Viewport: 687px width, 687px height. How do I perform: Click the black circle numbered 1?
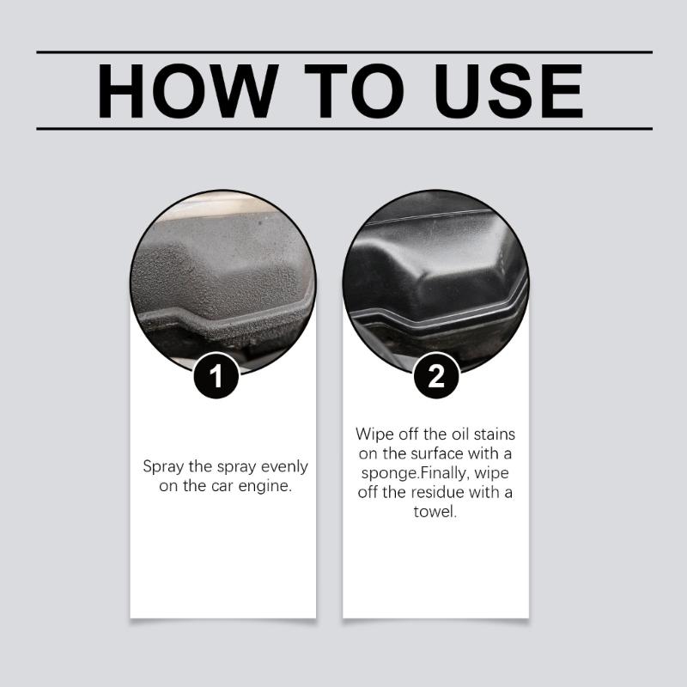point(222,377)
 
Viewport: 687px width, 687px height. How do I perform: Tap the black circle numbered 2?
point(435,377)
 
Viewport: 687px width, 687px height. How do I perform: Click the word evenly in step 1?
point(282,467)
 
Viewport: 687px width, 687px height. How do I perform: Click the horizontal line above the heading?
point(343,52)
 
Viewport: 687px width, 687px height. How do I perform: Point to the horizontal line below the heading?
point(343,129)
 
